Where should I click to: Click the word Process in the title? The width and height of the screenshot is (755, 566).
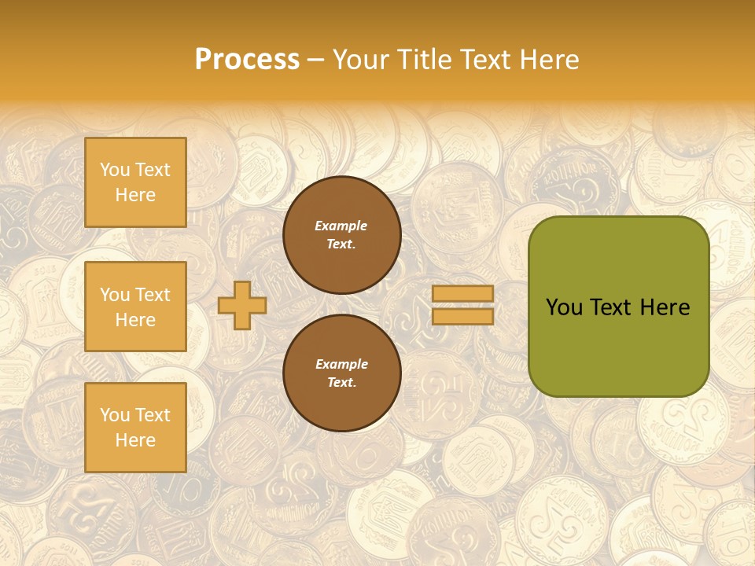point(247,60)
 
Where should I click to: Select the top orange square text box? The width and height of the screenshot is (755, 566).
point(135,182)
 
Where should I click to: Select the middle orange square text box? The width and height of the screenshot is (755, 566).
point(135,307)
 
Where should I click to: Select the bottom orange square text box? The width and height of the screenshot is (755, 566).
point(135,428)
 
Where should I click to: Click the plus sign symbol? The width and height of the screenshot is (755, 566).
point(242,305)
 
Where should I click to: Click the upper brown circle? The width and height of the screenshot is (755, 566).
point(341,235)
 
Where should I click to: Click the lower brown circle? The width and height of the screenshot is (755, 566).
point(341,373)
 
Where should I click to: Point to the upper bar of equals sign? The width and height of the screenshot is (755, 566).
point(462,293)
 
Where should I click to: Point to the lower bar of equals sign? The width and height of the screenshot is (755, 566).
point(462,316)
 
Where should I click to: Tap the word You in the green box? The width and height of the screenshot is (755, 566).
point(563,307)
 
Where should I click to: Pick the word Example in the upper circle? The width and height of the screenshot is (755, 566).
point(341,226)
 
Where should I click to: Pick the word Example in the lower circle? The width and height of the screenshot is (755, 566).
point(341,365)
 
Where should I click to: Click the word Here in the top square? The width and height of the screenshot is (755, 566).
point(135,195)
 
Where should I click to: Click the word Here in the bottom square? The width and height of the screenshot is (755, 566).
point(135,440)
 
